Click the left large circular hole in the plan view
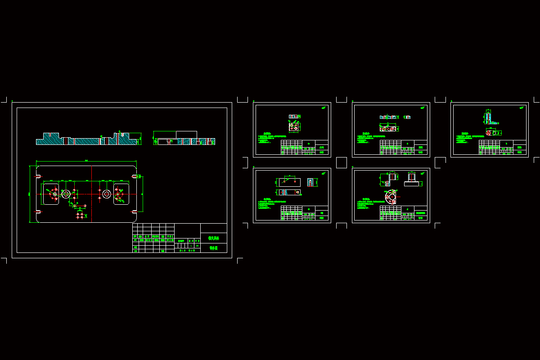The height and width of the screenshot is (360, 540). pos(66,194)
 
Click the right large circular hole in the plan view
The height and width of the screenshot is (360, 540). pos(107,194)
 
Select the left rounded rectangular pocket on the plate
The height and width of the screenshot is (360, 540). pos(51,194)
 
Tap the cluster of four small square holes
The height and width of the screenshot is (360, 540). pos(80,216)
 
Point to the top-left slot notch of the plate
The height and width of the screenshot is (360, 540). pos(39,176)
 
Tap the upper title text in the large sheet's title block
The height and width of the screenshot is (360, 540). pos(213,238)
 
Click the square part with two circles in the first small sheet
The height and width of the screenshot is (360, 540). pos(294,127)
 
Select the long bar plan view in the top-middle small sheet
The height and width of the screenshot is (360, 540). pos(388,129)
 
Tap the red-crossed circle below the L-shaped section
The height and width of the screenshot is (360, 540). pos(489,133)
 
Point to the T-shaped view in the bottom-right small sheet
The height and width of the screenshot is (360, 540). pos(411,180)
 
